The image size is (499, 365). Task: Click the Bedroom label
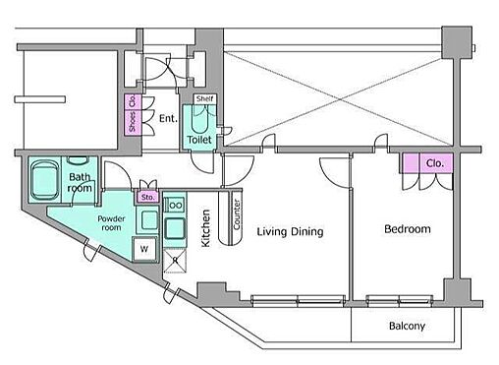click(x=408, y=229)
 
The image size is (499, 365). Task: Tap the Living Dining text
click(x=290, y=231)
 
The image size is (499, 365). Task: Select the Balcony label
click(x=407, y=326)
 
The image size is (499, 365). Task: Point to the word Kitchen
click(x=205, y=228)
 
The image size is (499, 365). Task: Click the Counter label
click(x=237, y=214)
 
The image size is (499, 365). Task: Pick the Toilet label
click(x=199, y=140)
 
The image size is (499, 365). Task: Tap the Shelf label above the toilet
click(x=204, y=98)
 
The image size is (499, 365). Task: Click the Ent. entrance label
click(x=168, y=118)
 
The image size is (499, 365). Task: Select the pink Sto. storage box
click(x=147, y=197)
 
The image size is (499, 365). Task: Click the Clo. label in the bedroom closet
click(x=434, y=163)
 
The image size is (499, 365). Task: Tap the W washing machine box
click(x=144, y=249)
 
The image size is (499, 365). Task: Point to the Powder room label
click(x=111, y=223)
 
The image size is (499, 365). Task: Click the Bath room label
click(x=80, y=182)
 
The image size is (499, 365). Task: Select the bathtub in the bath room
click(x=45, y=180)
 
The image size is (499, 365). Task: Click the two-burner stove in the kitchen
click(x=175, y=206)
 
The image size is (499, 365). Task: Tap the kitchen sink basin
click(x=175, y=228)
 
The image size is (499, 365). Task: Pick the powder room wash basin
click(x=149, y=219)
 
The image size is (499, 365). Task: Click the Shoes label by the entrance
click(x=132, y=122)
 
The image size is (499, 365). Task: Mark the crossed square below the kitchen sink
click(x=175, y=261)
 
